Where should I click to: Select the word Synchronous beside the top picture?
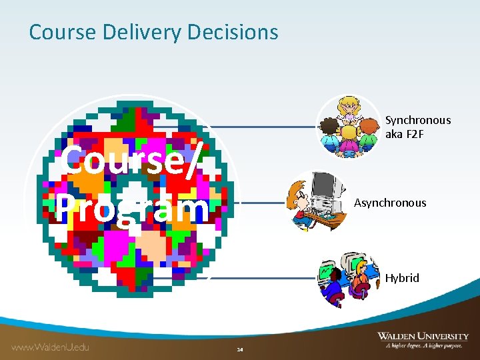coord(418,121)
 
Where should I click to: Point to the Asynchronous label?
coord(390,203)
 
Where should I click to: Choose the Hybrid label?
coord(402,278)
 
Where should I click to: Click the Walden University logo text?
coord(423,336)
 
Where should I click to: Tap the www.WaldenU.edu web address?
coord(50,347)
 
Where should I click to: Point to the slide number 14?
coord(240,349)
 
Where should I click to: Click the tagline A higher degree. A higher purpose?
coord(423,346)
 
